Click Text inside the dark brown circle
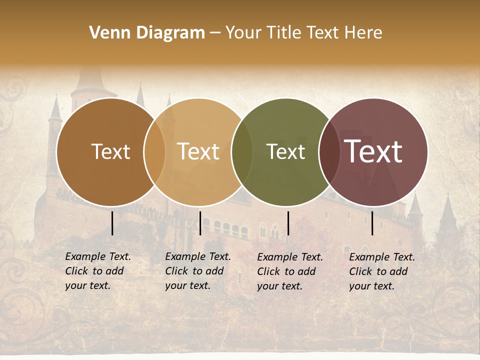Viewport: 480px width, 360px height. [110, 152]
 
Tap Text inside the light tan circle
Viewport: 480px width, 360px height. [198, 152]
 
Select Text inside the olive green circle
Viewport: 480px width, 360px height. [285, 152]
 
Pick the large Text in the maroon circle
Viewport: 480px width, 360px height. [373, 152]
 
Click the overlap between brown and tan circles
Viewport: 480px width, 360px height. [154, 152]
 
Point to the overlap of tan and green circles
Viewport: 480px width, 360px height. [242, 152]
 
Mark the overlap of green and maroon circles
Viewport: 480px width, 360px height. [329, 152]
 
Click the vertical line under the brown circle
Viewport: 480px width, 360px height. [112, 223]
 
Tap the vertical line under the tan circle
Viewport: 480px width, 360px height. [200, 223]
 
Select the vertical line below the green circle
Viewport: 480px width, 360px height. [288, 223]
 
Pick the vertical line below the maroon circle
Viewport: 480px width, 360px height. [372, 223]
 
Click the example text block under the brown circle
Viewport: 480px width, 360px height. [98, 271]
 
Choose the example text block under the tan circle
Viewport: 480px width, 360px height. [198, 271]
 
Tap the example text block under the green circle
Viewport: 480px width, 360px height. [290, 271]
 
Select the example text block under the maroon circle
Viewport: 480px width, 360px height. [382, 271]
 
